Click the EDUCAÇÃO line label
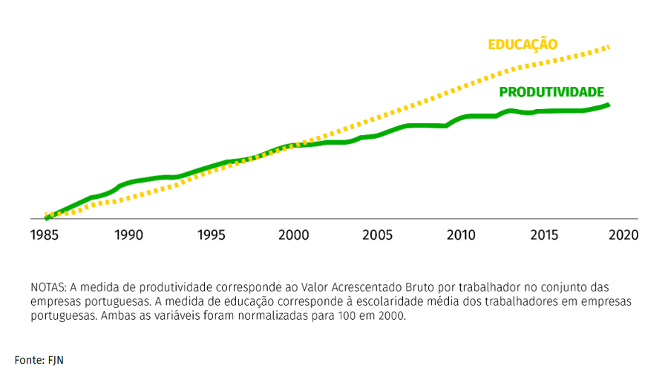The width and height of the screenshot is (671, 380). click(522, 45)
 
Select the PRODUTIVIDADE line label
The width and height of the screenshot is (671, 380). click(551, 92)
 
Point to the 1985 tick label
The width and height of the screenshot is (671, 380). click(46, 235)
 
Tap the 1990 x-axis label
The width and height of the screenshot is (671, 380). click(128, 235)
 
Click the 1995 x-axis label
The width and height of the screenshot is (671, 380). click(212, 235)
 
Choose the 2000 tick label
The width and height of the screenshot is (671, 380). click(294, 235)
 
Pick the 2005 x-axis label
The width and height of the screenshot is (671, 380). click(378, 235)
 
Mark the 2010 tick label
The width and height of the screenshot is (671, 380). click(461, 235)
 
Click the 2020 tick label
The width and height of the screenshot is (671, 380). click(623, 235)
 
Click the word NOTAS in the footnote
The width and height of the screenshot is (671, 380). click(48, 286)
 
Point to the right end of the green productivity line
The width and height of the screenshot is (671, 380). click(608, 105)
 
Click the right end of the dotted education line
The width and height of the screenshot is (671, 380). click(609, 47)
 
